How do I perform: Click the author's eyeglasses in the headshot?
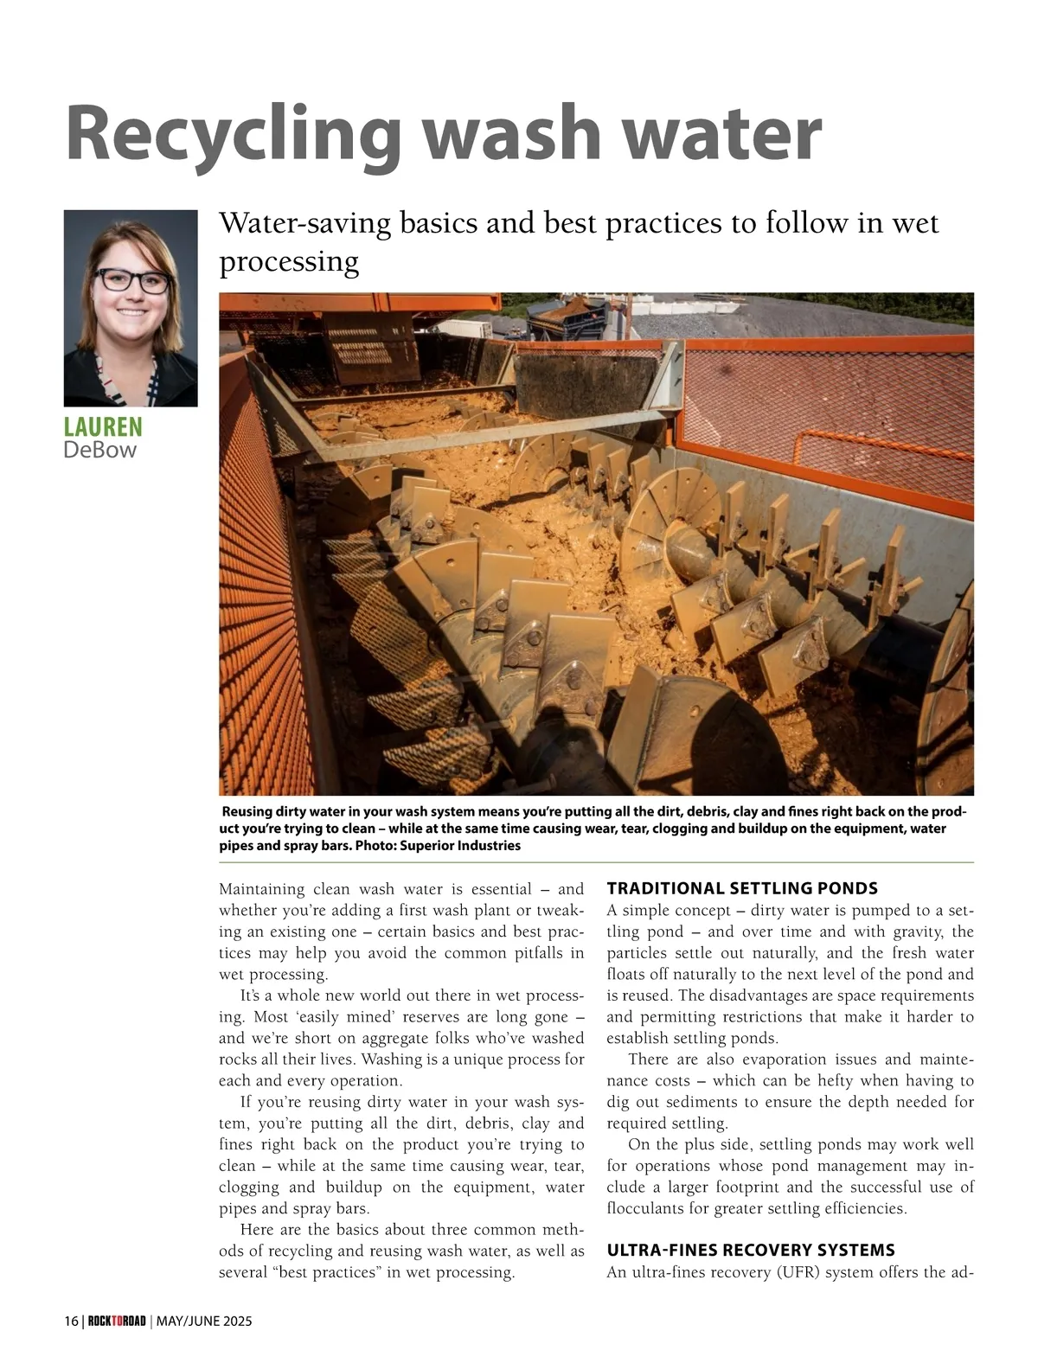(132, 281)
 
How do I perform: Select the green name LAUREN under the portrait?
(103, 427)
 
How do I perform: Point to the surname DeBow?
(99, 450)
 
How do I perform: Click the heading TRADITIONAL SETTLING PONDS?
(742, 888)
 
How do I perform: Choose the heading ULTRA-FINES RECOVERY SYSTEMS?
(751, 1250)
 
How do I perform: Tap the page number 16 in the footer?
(70, 1321)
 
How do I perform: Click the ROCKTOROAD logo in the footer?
(117, 1321)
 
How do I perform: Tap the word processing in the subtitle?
(289, 261)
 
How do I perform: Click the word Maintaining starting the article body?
(262, 889)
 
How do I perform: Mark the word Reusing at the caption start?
(247, 812)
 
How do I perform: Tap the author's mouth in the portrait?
(132, 312)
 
